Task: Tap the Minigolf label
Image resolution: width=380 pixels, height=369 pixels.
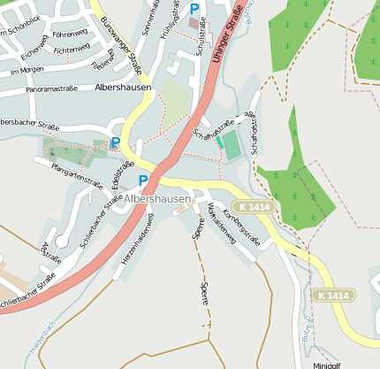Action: click(326, 364)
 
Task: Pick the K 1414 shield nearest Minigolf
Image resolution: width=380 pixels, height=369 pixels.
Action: click(333, 295)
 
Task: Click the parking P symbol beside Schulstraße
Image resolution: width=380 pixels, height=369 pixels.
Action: click(194, 8)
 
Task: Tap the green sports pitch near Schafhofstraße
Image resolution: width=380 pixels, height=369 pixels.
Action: click(232, 145)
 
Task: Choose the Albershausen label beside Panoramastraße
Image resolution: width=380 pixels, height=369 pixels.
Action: click(123, 88)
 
